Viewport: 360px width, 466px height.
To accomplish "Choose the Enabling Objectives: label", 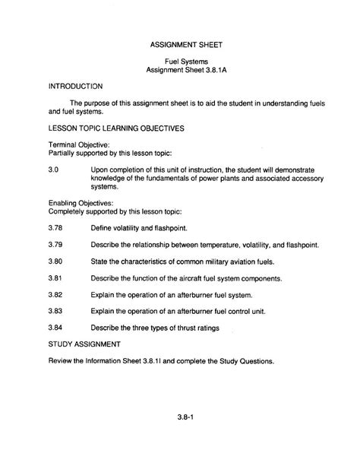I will pos(60,203).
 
